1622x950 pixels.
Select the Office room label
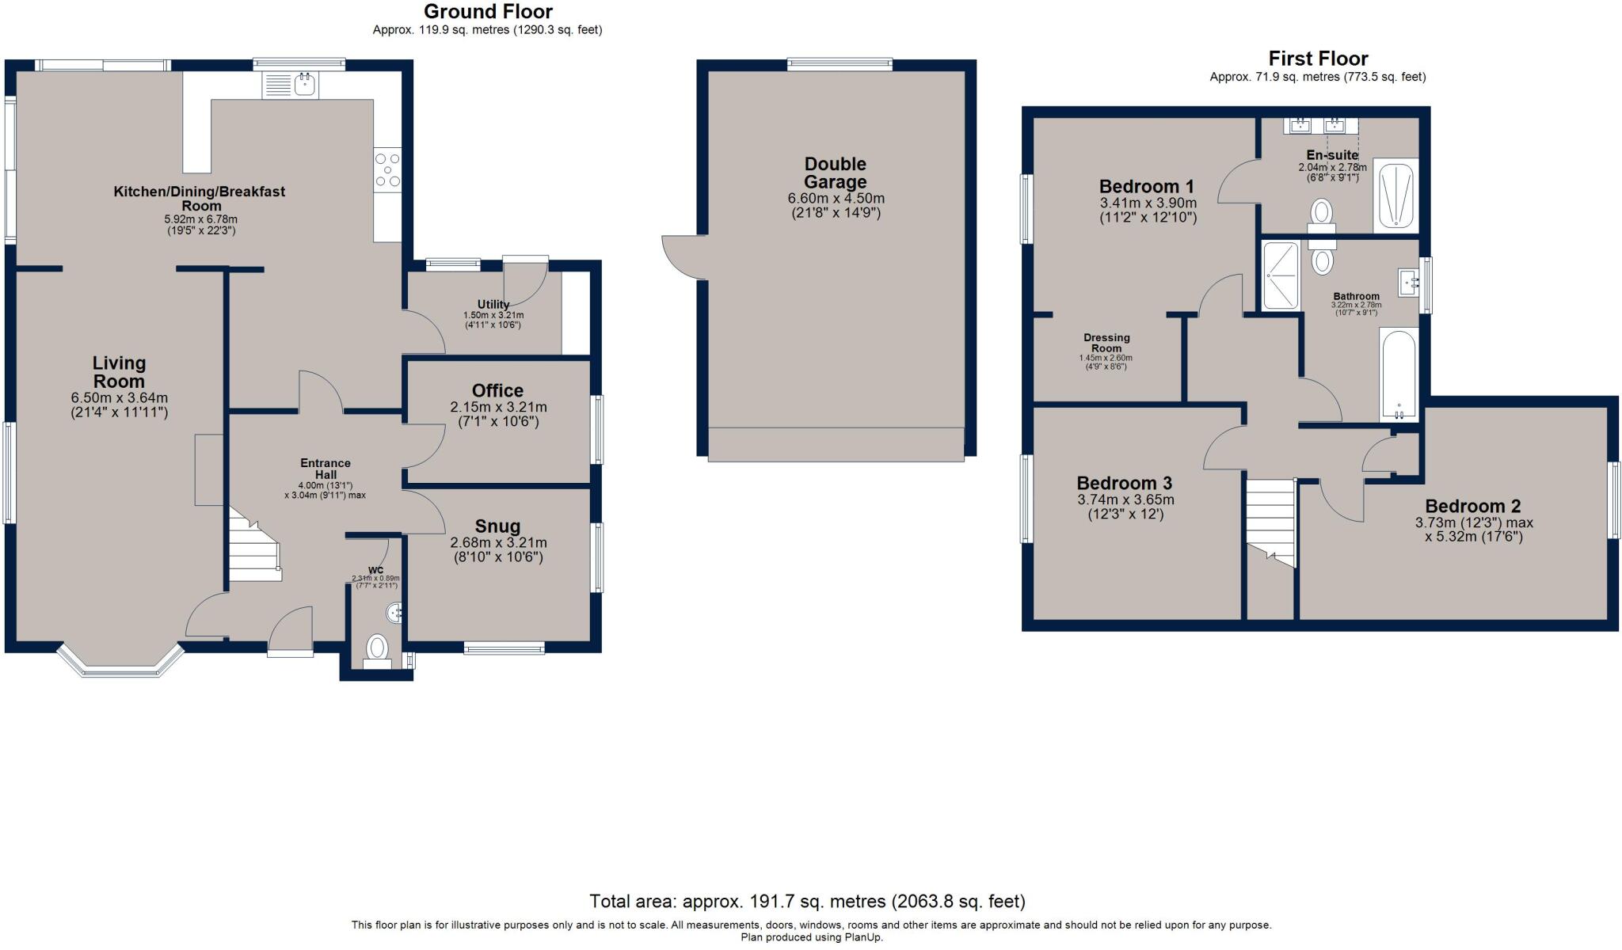point(497,390)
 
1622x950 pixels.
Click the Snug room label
point(497,526)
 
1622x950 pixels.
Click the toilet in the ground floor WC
point(377,648)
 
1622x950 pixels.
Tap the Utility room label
point(493,304)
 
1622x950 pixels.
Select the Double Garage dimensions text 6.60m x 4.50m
point(836,199)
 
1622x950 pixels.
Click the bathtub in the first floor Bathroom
point(1399,374)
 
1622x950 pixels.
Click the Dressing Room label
point(1106,343)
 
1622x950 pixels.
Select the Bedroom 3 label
point(1124,483)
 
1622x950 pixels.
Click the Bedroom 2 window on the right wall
point(1613,500)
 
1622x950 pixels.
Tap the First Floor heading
point(1318,59)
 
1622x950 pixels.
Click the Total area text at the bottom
point(807,901)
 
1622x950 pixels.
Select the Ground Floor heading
point(488,12)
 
